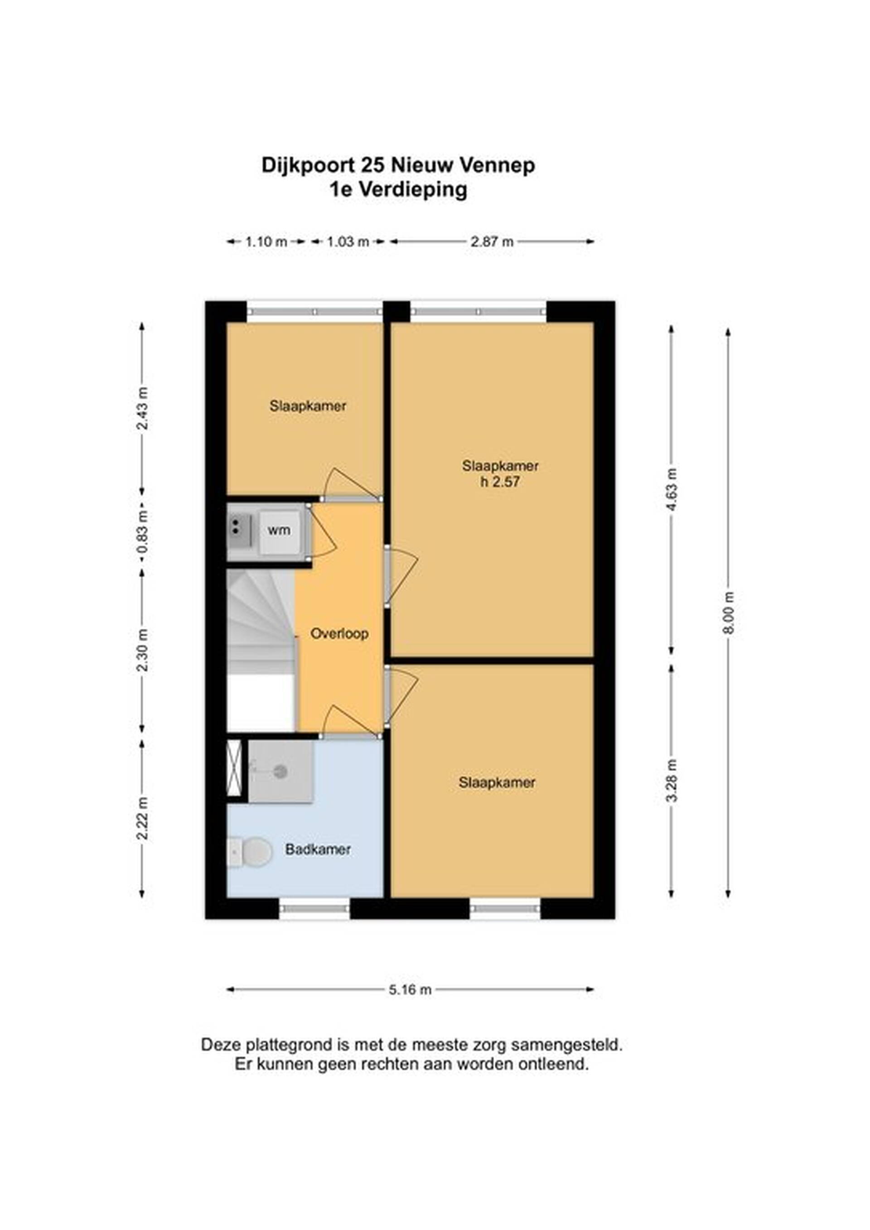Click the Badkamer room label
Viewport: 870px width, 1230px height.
pyautogui.click(x=318, y=849)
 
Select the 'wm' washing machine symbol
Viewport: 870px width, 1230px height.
pyautogui.click(x=279, y=531)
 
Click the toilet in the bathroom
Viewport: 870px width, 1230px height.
pyautogui.click(x=249, y=852)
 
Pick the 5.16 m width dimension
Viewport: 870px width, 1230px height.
pyautogui.click(x=410, y=989)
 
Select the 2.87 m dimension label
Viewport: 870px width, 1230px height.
pyautogui.click(x=492, y=241)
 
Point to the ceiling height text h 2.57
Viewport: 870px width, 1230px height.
pyautogui.click(x=500, y=482)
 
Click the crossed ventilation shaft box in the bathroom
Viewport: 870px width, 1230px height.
pyautogui.click(x=235, y=768)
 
